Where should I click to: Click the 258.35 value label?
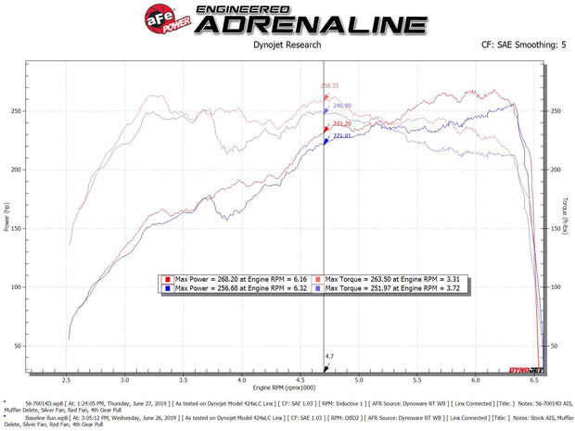330,85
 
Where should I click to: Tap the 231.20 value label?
341,123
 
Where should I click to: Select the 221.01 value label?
341,136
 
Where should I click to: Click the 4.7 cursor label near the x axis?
329,356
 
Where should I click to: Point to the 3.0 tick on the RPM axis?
125,380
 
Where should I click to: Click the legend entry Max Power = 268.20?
232,278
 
